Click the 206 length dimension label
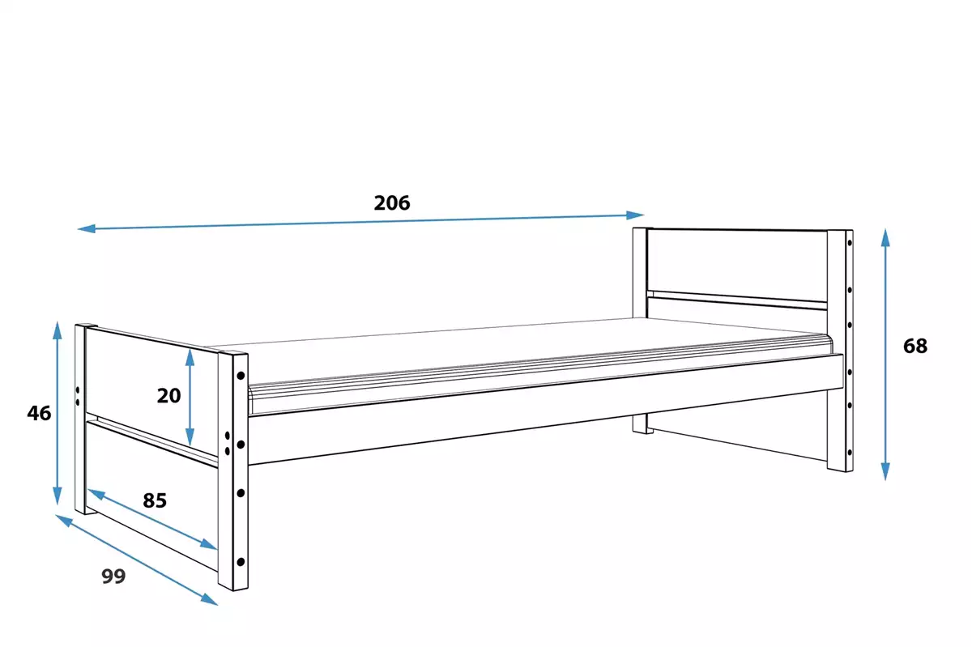click(392, 203)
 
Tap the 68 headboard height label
click(915, 346)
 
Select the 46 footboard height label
click(39, 413)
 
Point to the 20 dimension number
click(168, 396)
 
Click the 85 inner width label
click(155, 500)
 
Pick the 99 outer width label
click(113, 577)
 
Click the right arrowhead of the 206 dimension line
click(635, 215)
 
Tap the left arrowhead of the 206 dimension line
click(87, 228)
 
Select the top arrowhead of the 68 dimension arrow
click(885, 237)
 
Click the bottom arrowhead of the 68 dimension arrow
click(885, 472)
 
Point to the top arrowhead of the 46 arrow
click(58, 330)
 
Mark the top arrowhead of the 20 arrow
click(190, 357)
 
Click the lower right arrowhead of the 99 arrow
click(210, 599)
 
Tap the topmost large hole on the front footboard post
click(241, 376)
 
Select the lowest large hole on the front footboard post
click(241, 562)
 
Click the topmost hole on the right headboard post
click(850, 243)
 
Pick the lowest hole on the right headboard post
click(850, 453)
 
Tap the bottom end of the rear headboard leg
click(642, 432)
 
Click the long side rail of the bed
click(546, 410)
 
